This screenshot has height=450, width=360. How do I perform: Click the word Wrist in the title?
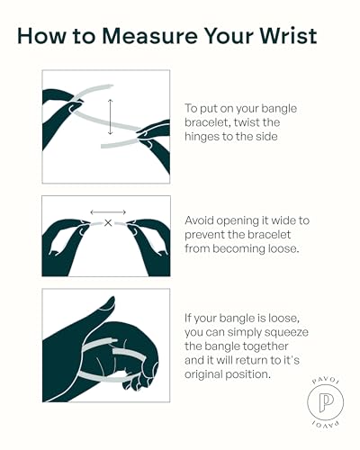click(288, 36)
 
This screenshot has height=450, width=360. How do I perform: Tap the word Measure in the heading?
click(150, 36)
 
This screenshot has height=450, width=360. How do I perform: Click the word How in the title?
click(41, 36)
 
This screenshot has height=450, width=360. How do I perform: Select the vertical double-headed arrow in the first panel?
click(111, 117)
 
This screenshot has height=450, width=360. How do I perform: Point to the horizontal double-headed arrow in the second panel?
click(108, 212)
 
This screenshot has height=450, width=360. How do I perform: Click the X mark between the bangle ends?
click(108, 223)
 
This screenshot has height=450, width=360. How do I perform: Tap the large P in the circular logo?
click(326, 401)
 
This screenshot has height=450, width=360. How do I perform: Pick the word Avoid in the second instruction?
click(199, 220)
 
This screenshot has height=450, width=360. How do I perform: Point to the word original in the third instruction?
click(203, 374)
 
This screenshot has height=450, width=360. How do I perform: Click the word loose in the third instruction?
click(284, 319)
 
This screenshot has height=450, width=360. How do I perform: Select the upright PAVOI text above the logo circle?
click(326, 380)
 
